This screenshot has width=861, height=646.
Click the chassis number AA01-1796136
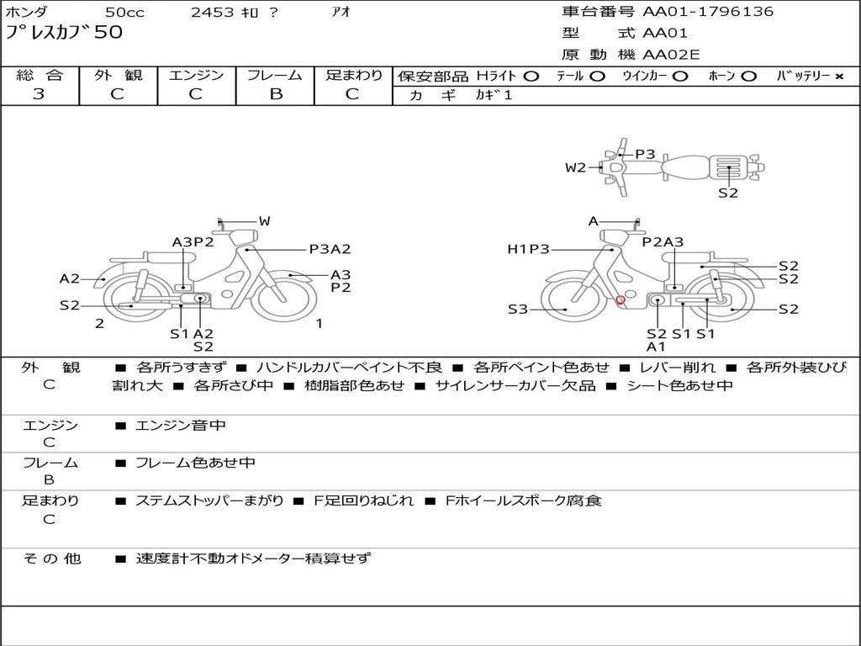click(x=708, y=12)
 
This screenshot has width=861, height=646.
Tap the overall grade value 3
click(x=39, y=94)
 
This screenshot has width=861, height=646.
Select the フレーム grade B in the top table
click(x=276, y=94)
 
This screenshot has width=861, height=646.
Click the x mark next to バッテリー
click(x=839, y=77)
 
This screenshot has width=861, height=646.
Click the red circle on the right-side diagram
click(x=621, y=300)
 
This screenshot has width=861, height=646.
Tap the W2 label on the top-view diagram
click(x=575, y=167)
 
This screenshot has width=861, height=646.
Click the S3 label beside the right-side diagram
click(x=517, y=310)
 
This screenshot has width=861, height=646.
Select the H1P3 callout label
click(x=528, y=249)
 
